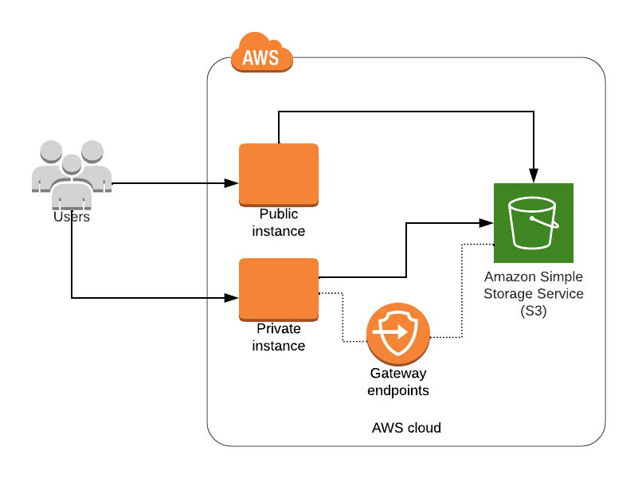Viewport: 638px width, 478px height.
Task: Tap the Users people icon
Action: tap(71, 168)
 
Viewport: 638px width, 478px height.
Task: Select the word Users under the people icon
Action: tap(71, 216)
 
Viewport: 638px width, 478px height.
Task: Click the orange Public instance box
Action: tap(279, 174)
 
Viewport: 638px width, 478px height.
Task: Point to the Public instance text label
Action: tap(279, 222)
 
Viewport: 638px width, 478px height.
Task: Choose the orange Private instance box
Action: tap(279, 289)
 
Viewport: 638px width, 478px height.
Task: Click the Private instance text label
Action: tap(279, 337)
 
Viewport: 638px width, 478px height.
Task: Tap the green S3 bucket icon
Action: tap(534, 223)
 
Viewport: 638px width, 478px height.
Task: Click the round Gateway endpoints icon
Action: tap(398, 335)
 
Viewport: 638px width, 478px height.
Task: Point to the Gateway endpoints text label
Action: tap(398, 382)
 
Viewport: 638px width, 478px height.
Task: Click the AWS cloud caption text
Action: tap(406, 428)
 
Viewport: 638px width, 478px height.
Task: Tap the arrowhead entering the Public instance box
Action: tap(233, 183)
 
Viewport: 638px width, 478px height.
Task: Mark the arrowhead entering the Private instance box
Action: tap(233, 298)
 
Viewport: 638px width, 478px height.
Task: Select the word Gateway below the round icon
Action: tap(398, 373)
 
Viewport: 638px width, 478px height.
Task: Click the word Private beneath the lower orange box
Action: tap(279, 328)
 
